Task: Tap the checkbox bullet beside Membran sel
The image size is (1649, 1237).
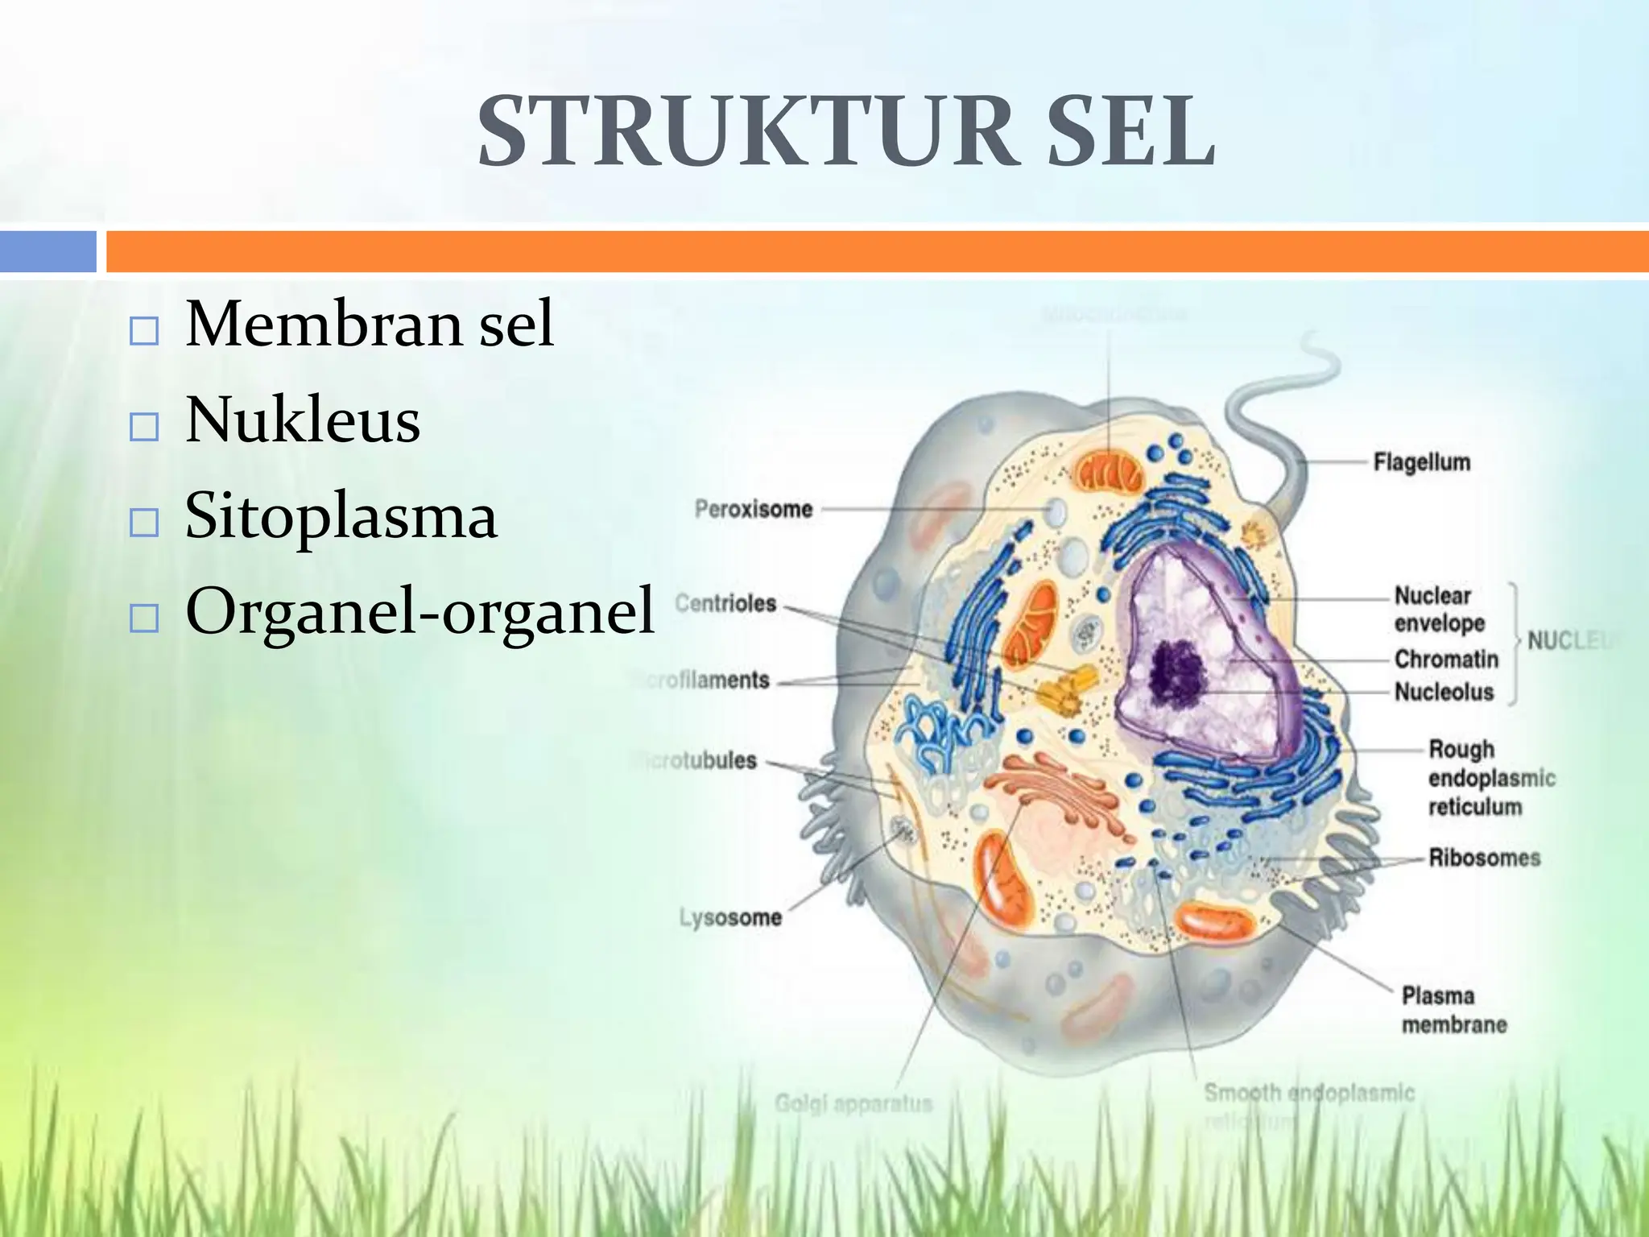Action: [x=144, y=331]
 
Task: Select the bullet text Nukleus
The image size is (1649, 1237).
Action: [x=303, y=420]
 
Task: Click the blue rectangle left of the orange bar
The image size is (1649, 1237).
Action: [x=48, y=251]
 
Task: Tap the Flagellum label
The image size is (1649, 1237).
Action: [x=1421, y=462]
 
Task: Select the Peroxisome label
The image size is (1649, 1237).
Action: [x=753, y=509]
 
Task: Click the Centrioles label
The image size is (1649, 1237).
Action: [x=725, y=603]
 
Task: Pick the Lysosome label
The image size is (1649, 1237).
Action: [x=730, y=917]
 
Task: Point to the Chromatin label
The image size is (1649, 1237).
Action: [x=1446, y=659]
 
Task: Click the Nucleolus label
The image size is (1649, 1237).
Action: [x=1444, y=692]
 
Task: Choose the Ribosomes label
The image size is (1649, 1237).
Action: [x=1484, y=858]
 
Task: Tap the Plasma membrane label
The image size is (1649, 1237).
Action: [x=1453, y=1010]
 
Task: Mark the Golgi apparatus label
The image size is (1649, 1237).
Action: [x=853, y=1103]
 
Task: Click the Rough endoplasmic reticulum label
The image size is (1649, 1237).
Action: [x=1490, y=778]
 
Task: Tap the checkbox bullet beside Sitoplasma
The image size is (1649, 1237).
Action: [x=144, y=523]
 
